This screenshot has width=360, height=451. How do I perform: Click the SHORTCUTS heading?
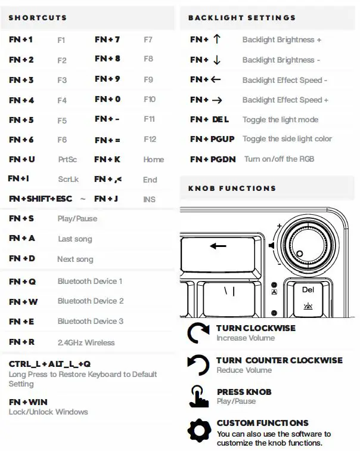(x=38, y=18)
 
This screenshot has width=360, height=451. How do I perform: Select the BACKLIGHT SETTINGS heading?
(x=241, y=18)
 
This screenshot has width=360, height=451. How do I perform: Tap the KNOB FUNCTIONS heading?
(x=232, y=189)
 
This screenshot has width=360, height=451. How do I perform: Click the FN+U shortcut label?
(x=22, y=159)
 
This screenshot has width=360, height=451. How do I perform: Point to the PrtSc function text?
(x=67, y=160)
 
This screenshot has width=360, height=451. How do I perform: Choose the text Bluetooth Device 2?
(x=91, y=301)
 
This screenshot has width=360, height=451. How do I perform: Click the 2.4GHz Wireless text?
(x=86, y=342)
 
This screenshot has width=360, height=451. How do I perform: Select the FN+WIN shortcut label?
(x=28, y=402)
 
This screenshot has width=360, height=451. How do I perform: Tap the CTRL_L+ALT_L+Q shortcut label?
(x=49, y=364)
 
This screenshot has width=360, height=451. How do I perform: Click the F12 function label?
(x=150, y=139)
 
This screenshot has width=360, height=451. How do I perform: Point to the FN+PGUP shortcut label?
(x=212, y=139)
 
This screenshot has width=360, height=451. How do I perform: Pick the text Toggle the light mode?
(x=280, y=120)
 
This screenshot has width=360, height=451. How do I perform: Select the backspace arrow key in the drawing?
(x=219, y=246)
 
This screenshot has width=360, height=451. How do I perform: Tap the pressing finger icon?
(x=198, y=396)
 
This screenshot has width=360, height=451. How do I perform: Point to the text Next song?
(x=75, y=260)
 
